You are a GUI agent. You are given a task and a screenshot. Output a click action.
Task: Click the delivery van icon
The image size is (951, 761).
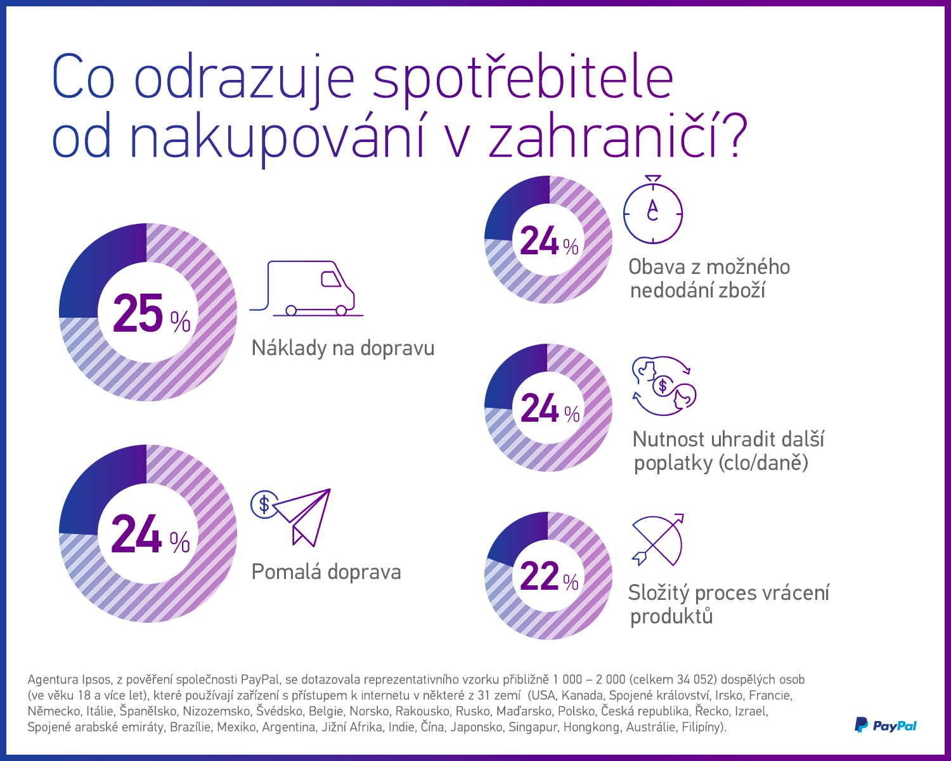click(308, 289)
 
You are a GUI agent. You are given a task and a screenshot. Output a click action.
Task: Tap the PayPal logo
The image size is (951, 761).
click(886, 725)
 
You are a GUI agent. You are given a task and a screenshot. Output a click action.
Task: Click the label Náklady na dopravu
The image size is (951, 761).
click(343, 348)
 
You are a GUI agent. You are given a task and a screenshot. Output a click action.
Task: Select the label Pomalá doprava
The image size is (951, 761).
click(326, 572)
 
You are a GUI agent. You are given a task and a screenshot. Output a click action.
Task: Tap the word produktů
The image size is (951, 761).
click(671, 616)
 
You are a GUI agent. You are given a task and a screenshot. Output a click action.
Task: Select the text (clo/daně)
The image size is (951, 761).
click(764, 463)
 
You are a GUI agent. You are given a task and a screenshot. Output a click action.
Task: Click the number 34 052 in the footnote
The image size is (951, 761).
click(692, 679)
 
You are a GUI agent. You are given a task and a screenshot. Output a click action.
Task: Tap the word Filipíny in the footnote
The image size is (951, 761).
click(702, 727)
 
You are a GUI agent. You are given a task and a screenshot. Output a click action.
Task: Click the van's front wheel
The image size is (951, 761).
click(341, 310)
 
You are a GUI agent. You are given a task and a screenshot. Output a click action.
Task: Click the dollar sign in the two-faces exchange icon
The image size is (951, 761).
click(663, 385)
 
